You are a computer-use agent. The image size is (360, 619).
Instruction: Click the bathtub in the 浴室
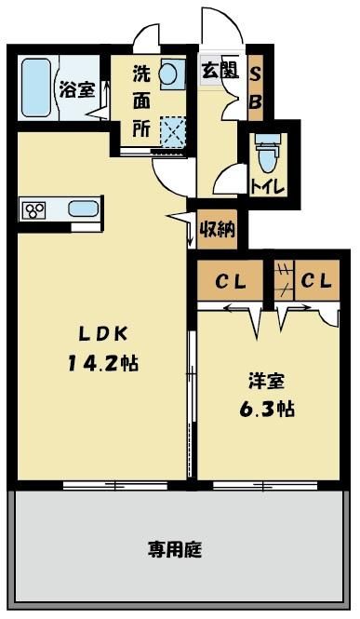click(36, 87)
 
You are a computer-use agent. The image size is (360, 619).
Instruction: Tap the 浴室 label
click(77, 89)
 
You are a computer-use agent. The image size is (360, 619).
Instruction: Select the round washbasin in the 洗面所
click(168, 74)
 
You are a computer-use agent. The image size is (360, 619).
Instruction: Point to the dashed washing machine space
click(173, 132)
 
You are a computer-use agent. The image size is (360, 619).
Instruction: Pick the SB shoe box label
click(256, 88)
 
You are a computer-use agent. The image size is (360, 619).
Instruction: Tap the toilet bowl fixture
click(268, 155)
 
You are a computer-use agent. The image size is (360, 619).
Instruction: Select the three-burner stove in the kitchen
click(33, 210)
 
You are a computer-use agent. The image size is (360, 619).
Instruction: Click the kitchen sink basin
click(83, 209)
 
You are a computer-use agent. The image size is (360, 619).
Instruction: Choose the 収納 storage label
click(218, 229)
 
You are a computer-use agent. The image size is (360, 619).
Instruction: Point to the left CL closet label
click(231, 282)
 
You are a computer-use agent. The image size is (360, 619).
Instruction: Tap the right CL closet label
click(316, 281)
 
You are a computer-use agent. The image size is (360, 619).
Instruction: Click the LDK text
click(103, 335)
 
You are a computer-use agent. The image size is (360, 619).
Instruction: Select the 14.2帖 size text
click(103, 363)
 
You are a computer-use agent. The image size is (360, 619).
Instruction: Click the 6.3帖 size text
click(267, 409)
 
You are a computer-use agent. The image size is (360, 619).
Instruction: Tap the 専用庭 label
click(175, 549)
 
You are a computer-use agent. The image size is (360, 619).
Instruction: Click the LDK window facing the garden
click(115, 485)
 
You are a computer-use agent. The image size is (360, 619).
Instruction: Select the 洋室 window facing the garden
click(265, 485)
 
